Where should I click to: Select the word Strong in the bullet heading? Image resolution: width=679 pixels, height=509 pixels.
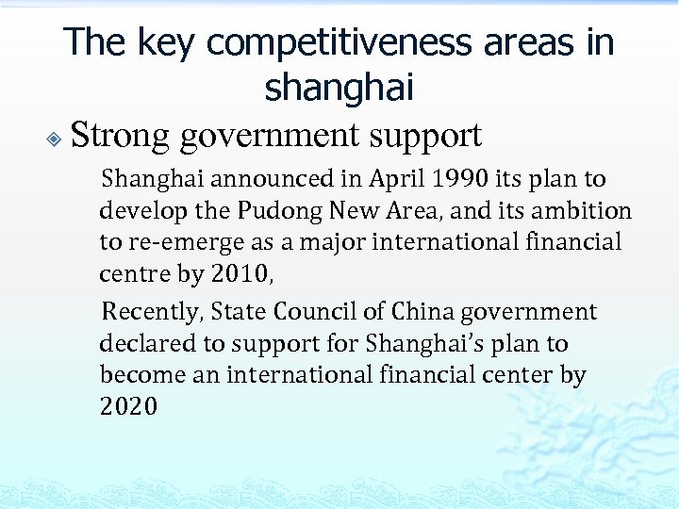point(120,135)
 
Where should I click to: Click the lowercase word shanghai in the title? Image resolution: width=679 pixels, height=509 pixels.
point(339,88)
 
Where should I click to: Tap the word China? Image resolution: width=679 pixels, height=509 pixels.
point(423,311)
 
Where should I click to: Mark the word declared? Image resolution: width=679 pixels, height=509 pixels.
point(144,343)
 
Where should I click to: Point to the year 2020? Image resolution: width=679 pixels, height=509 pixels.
point(128,407)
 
